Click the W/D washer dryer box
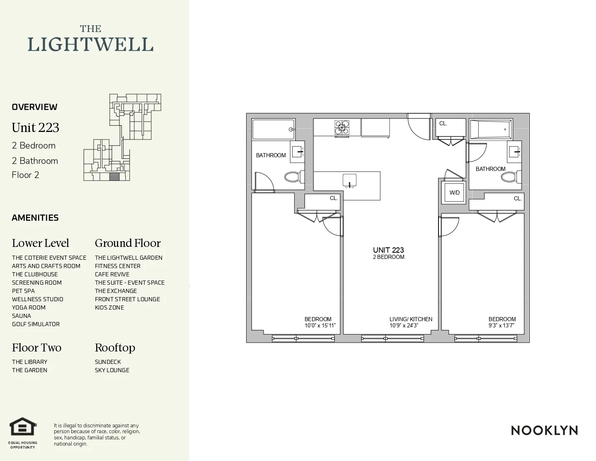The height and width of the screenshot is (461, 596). tap(454, 193)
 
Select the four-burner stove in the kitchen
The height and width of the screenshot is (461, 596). tap(342, 128)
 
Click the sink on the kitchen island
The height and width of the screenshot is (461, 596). tap(349, 181)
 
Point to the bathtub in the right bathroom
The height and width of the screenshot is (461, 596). tap(490, 129)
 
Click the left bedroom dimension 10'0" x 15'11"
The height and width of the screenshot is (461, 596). tap(320, 326)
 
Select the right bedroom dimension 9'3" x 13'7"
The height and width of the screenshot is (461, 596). tap(502, 326)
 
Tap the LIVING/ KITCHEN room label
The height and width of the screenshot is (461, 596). tap(410, 319)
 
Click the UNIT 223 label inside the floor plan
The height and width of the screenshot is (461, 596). tap(388, 250)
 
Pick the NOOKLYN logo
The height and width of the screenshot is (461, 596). tap(544, 430)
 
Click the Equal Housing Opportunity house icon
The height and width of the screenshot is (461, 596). tap(23, 427)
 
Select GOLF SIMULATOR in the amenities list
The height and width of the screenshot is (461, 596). tap(36, 324)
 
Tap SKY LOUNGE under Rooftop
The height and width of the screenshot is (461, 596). tap(112, 370)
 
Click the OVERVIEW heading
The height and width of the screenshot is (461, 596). tap(34, 107)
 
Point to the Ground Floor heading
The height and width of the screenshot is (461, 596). tap(127, 243)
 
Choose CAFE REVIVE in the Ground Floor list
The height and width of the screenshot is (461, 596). tap(112, 274)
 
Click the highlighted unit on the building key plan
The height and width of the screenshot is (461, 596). tap(114, 177)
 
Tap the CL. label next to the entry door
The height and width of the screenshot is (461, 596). tap(443, 124)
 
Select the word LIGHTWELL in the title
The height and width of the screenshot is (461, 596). tap(90, 45)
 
